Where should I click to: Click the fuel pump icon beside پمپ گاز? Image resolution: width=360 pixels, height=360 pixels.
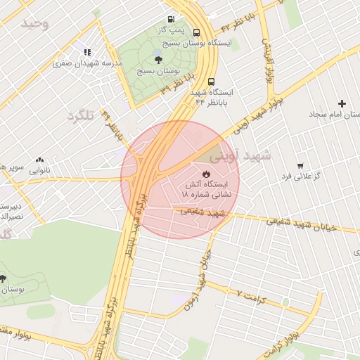pyautogui.click(x=171, y=19)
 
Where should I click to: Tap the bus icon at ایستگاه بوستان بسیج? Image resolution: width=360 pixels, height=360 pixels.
pyautogui.click(x=196, y=32)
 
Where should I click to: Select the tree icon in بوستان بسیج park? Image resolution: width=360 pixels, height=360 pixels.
pyautogui.click(x=157, y=60)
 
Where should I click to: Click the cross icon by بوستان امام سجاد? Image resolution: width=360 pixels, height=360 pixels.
pyautogui.click(x=342, y=103)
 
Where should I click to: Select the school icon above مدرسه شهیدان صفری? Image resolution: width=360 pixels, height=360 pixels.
pyautogui.click(x=87, y=52)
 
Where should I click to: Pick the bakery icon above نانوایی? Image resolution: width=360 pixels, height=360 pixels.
pyautogui.click(x=39, y=160)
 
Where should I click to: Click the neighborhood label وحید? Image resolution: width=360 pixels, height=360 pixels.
pyautogui.click(x=35, y=24)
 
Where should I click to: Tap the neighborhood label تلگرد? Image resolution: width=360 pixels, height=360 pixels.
pyautogui.click(x=80, y=115)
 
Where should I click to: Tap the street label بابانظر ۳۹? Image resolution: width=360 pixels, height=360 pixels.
pyautogui.click(x=176, y=89)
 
